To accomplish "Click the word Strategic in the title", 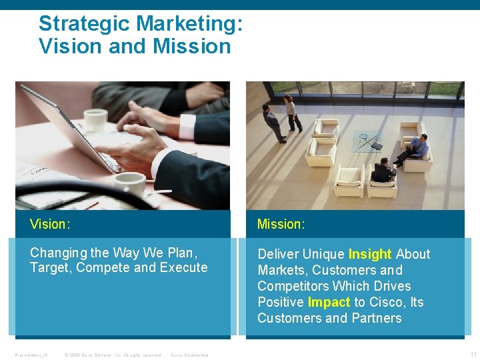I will tap(85, 24).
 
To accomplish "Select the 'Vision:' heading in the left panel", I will tap(50, 224).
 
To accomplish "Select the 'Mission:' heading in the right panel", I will tap(281, 224).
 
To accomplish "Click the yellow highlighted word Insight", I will tap(370, 254).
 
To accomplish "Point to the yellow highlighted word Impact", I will tap(329, 302).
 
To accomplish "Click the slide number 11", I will tap(473, 354).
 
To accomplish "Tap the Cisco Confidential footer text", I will tap(189, 355).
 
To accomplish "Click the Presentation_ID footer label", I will tap(30, 355).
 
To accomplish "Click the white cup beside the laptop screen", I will tap(95, 119).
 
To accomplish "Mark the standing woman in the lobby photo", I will tap(291, 112).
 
